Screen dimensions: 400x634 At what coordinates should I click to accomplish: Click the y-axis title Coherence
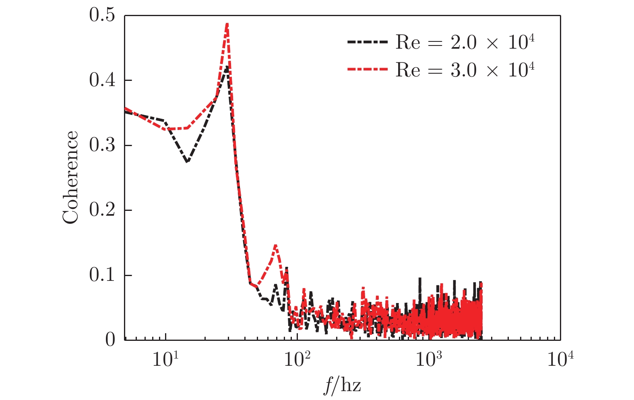(x=70, y=177)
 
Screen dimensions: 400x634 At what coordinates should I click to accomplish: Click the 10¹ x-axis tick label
(x=165, y=359)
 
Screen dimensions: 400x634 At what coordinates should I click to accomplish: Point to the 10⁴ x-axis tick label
(x=560, y=359)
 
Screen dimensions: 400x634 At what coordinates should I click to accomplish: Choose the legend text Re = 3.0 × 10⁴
(x=465, y=70)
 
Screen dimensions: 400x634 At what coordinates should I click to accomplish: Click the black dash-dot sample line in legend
(x=367, y=42)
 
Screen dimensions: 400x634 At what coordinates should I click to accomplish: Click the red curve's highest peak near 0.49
(x=227, y=24)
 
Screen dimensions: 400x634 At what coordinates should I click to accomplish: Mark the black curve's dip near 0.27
(x=187, y=162)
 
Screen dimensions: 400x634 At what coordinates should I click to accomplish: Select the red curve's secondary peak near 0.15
(x=275, y=245)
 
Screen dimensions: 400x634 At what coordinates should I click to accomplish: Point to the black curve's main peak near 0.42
(x=226, y=68)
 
